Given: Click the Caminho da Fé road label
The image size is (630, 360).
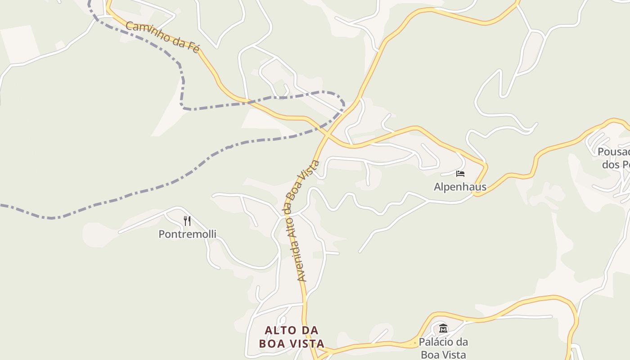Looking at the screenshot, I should click(162, 37).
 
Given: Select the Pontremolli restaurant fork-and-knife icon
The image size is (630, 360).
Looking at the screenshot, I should click(187, 220).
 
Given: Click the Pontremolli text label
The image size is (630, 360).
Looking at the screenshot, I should click(187, 234).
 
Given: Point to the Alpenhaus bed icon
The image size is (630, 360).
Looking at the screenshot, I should click(460, 174).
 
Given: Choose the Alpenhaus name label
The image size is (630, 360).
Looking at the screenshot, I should click(460, 186).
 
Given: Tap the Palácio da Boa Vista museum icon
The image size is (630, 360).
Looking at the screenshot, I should click(443, 328).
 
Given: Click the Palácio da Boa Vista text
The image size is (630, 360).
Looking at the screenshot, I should click(443, 348).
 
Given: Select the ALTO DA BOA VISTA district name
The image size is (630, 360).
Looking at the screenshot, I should click(292, 337).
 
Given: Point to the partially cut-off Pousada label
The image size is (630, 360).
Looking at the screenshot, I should click(614, 158).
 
